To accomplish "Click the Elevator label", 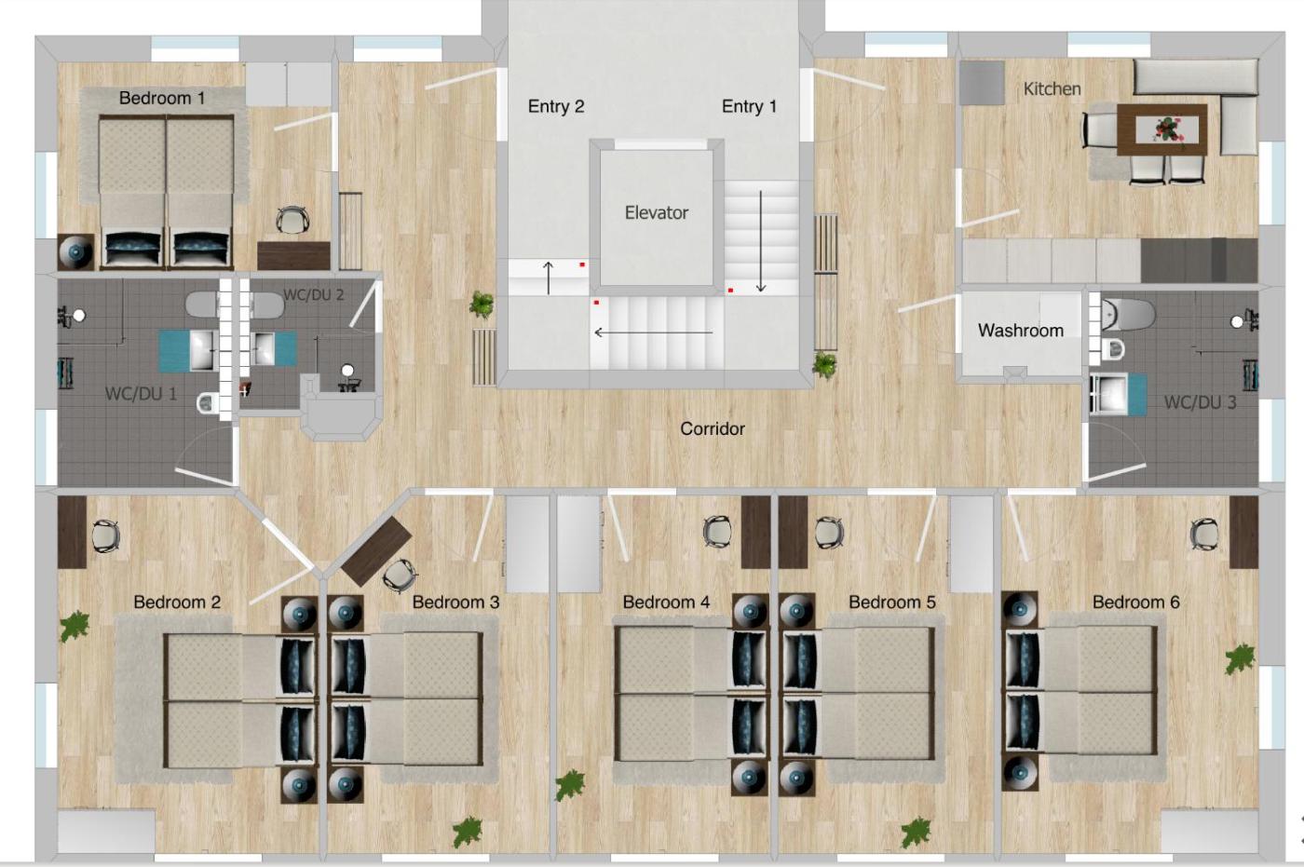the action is (656, 213).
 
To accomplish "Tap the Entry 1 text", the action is (749, 106).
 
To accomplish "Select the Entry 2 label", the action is (556, 106).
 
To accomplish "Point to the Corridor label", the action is (713, 429).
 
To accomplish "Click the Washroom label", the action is (1021, 331).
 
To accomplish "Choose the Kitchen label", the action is (1052, 89).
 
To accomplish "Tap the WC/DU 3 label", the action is (1200, 402).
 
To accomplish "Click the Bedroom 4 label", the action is (666, 602).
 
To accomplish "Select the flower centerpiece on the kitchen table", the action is (1166, 129).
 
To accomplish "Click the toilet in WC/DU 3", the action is (1126, 315).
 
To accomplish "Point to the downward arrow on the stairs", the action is (760, 241).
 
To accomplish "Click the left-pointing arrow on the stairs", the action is (653, 332).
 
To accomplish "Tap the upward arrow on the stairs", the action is (548, 278).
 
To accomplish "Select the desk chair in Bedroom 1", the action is (292, 220).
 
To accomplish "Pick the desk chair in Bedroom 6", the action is (1203, 534).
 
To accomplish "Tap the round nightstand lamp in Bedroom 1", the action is (75, 252).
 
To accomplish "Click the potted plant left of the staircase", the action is (482, 305).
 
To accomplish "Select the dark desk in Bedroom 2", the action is (73, 532).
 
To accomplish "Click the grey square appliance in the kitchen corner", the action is (982, 83).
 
